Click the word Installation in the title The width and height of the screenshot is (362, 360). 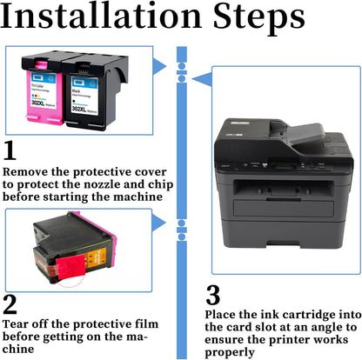tap(101, 15)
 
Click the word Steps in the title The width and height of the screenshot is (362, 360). tap(258, 18)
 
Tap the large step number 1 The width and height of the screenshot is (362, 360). tap(10, 150)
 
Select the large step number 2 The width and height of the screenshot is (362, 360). tap(10, 304)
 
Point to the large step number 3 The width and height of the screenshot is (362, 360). tap(213, 295)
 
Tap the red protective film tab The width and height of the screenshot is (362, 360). tap(70, 267)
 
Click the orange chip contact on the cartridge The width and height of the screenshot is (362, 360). tap(93, 257)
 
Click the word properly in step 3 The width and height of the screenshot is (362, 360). tap(230, 353)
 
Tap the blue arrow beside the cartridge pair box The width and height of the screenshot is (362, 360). tap(159, 66)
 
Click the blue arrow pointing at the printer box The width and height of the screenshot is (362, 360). tap(203, 79)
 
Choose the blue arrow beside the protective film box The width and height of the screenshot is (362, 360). tap(158, 223)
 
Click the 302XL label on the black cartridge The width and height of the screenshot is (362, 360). tap(78, 109)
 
